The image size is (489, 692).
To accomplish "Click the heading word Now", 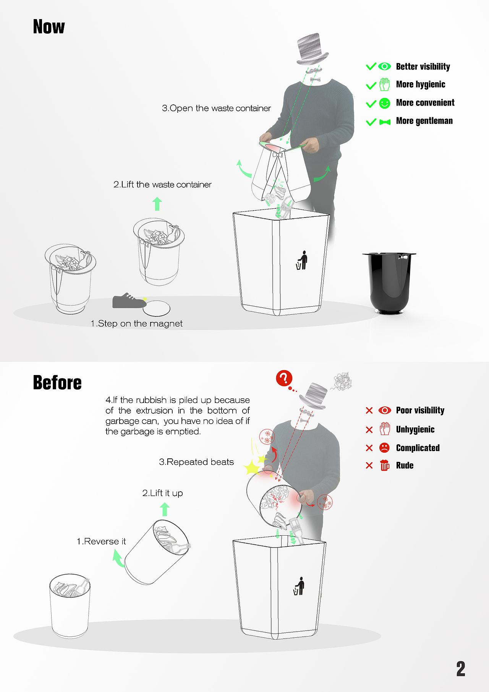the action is click(49, 27).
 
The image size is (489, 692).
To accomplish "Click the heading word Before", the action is click(57, 382).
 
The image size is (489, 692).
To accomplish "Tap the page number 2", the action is click(461, 669).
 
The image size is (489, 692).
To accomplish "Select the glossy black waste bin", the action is click(389, 283).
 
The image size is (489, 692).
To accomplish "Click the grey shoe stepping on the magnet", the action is click(129, 301).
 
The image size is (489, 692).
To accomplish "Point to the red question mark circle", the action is click(284, 378).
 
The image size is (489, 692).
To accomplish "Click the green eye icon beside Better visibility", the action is click(385, 67).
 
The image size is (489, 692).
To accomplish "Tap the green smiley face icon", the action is click(385, 103).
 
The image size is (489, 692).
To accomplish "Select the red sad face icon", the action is click(385, 448).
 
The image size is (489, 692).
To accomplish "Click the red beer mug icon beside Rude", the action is click(385, 465).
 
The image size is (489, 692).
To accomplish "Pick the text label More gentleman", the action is click(424, 121).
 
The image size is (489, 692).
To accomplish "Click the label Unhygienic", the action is click(415, 429).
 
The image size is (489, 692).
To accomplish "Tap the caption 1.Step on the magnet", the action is click(136, 324).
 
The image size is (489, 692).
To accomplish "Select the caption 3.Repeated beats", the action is click(196, 462).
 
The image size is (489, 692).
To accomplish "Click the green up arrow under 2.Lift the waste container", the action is click(157, 204).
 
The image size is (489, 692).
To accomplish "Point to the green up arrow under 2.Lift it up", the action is click(165, 510).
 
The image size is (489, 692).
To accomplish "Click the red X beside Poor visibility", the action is click(369, 411).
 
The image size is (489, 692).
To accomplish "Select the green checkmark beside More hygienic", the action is click(371, 85).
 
